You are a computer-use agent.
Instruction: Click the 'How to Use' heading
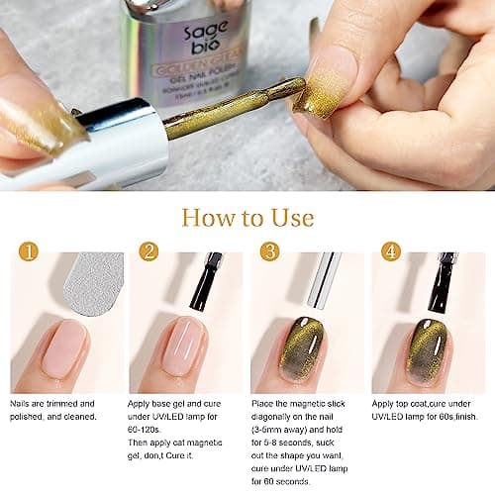coord(247,217)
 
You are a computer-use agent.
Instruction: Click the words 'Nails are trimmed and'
coord(60,404)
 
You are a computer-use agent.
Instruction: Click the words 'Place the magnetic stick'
coord(307,404)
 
